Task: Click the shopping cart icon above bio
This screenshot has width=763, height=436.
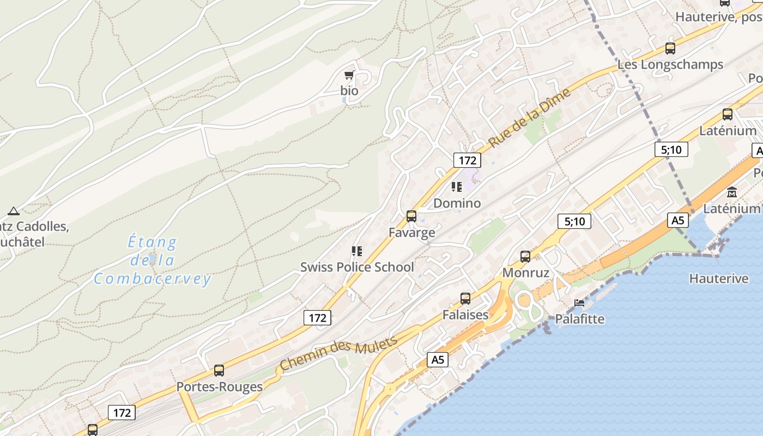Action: pyautogui.click(x=349, y=75)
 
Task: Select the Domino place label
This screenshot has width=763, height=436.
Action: pyautogui.click(x=457, y=203)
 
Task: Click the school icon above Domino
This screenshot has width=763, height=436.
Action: pyautogui.click(x=457, y=187)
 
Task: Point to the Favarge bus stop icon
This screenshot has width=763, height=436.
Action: pyautogui.click(x=411, y=216)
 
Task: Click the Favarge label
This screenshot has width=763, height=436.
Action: pyautogui.click(x=411, y=233)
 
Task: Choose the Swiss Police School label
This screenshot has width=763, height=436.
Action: pyautogui.click(x=357, y=267)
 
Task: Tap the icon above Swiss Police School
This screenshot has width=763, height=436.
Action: pyautogui.click(x=357, y=251)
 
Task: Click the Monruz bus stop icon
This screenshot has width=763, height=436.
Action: pyautogui.click(x=525, y=256)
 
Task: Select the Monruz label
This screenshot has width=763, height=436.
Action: pyautogui.click(x=525, y=272)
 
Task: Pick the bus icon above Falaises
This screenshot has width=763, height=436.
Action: pyautogui.click(x=465, y=299)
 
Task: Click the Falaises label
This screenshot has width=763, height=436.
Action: pyautogui.click(x=465, y=315)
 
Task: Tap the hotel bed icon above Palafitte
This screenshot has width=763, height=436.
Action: pyautogui.click(x=579, y=302)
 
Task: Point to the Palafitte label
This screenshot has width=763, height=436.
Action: pyautogui.click(x=579, y=319)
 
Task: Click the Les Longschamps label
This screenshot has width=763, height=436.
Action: pyautogui.click(x=670, y=64)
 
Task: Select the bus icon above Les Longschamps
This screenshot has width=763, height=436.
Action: pyautogui.click(x=670, y=48)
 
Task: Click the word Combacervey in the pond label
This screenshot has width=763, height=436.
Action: pyautogui.click(x=152, y=279)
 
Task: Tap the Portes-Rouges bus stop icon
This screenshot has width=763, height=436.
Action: pyautogui.click(x=219, y=371)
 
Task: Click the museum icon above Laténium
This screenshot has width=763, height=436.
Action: pyautogui.click(x=732, y=192)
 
